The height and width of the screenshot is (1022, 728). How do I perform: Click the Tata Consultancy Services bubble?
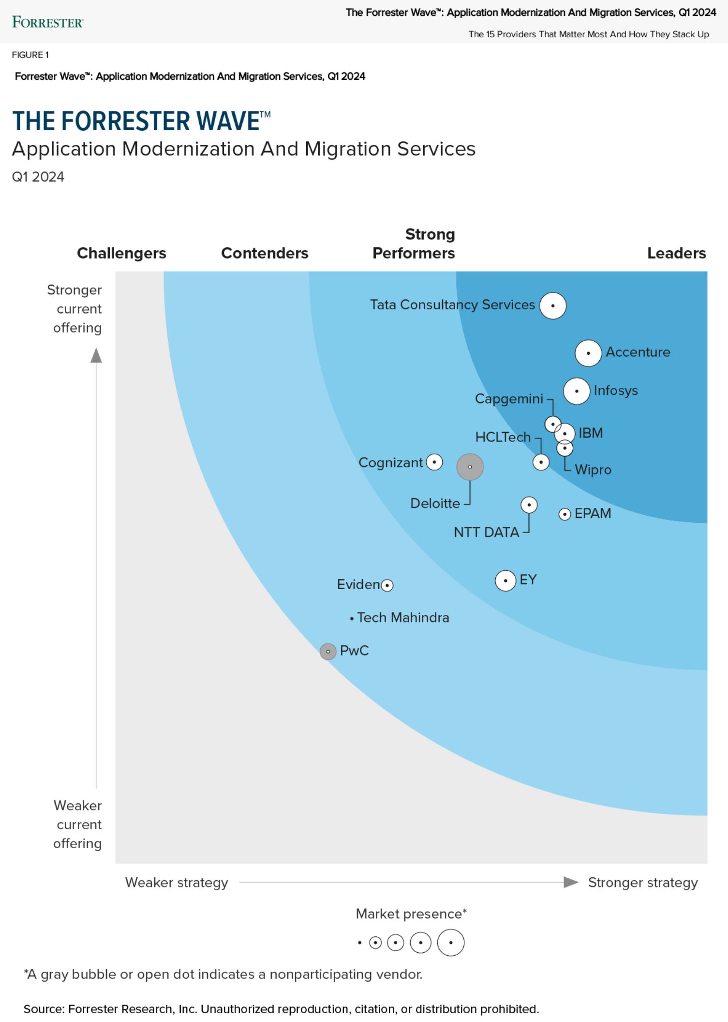coord(553,305)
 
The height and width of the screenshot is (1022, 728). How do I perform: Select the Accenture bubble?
coord(588,353)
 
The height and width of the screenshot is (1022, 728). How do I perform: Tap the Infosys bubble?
coord(577,391)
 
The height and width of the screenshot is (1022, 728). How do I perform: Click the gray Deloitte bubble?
coord(470,467)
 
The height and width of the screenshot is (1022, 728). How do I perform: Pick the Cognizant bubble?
coord(434,462)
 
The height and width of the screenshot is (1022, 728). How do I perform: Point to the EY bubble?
coord(505,580)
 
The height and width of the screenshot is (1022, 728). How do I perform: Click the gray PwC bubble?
coord(328,651)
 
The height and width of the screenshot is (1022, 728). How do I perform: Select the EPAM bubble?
coord(565,514)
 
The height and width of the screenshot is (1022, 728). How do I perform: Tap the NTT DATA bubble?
coord(529,505)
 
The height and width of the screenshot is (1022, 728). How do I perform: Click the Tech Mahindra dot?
coord(352,618)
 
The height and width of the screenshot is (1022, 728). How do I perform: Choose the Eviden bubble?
coord(387,585)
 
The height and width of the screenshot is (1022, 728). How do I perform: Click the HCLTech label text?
coord(503,437)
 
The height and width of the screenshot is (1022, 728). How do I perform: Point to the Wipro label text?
coord(593,470)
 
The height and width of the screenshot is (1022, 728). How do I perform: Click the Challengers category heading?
coord(121,253)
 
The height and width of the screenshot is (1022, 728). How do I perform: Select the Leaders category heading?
coord(676,253)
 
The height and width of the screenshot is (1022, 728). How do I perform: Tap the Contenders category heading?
coord(265,253)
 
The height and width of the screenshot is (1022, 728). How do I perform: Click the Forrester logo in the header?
coord(47,22)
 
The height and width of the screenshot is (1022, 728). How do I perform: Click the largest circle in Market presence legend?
coord(451,943)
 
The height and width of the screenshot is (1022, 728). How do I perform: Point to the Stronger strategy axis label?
coord(643,883)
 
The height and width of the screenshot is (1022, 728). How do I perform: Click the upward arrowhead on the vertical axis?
coord(96,355)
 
